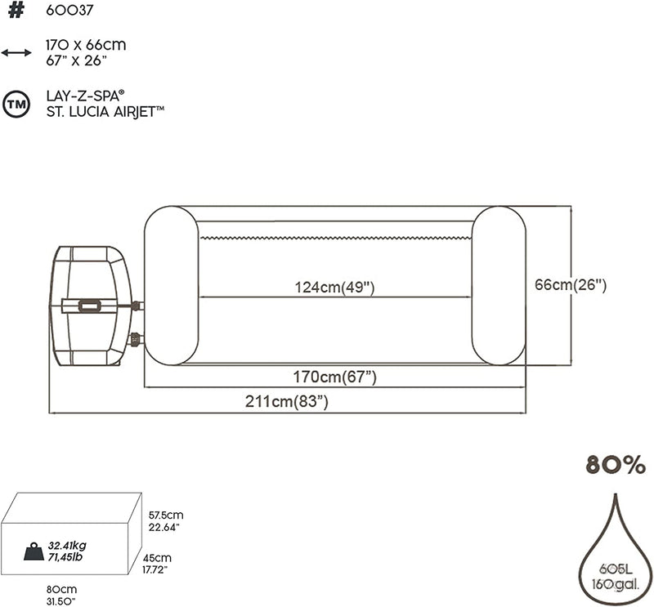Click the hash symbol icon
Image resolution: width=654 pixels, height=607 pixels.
pyautogui.click(x=16, y=10)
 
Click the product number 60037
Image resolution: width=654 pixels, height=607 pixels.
pyautogui.click(x=69, y=10)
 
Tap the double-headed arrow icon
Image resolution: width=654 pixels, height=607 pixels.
pyautogui.click(x=16, y=52)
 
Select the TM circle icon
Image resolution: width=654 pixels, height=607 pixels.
pyautogui.click(x=16, y=104)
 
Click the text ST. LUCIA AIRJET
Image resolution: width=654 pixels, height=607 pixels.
pyautogui.click(x=105, y=112)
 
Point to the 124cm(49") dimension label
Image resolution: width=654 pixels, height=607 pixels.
pyautogui.click(x=334, y=288)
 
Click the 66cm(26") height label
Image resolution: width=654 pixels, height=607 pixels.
pyautogui.click(x=571, y=285)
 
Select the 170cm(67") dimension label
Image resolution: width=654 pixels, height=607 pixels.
pyautogui.click(x=334, y=377)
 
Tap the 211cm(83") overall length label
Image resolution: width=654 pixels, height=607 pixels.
pyautogui.click(x=287, y=401)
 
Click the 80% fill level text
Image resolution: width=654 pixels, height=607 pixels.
pyautogui.click(x=616, y=464)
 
